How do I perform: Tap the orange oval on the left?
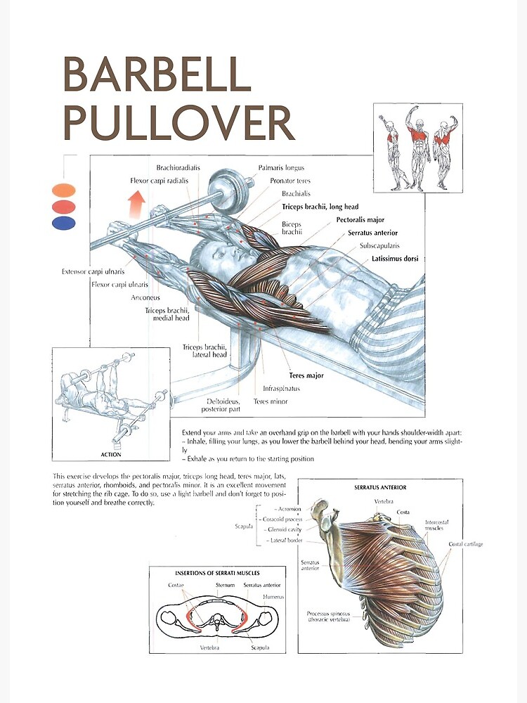point(63,190)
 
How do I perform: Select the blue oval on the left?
point(63,223)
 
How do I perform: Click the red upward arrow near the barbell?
point(136,204)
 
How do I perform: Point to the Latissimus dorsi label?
point(395,259)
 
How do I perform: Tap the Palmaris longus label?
point(281,168)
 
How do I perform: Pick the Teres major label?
point(306,375)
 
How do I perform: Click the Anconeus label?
point(145,297)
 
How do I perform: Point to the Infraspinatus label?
point(282,388)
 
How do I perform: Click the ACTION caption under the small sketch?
point(110,454)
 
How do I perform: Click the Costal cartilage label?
point(466,544)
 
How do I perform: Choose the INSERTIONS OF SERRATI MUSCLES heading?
point(218,573)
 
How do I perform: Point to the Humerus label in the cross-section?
point(272,596)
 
